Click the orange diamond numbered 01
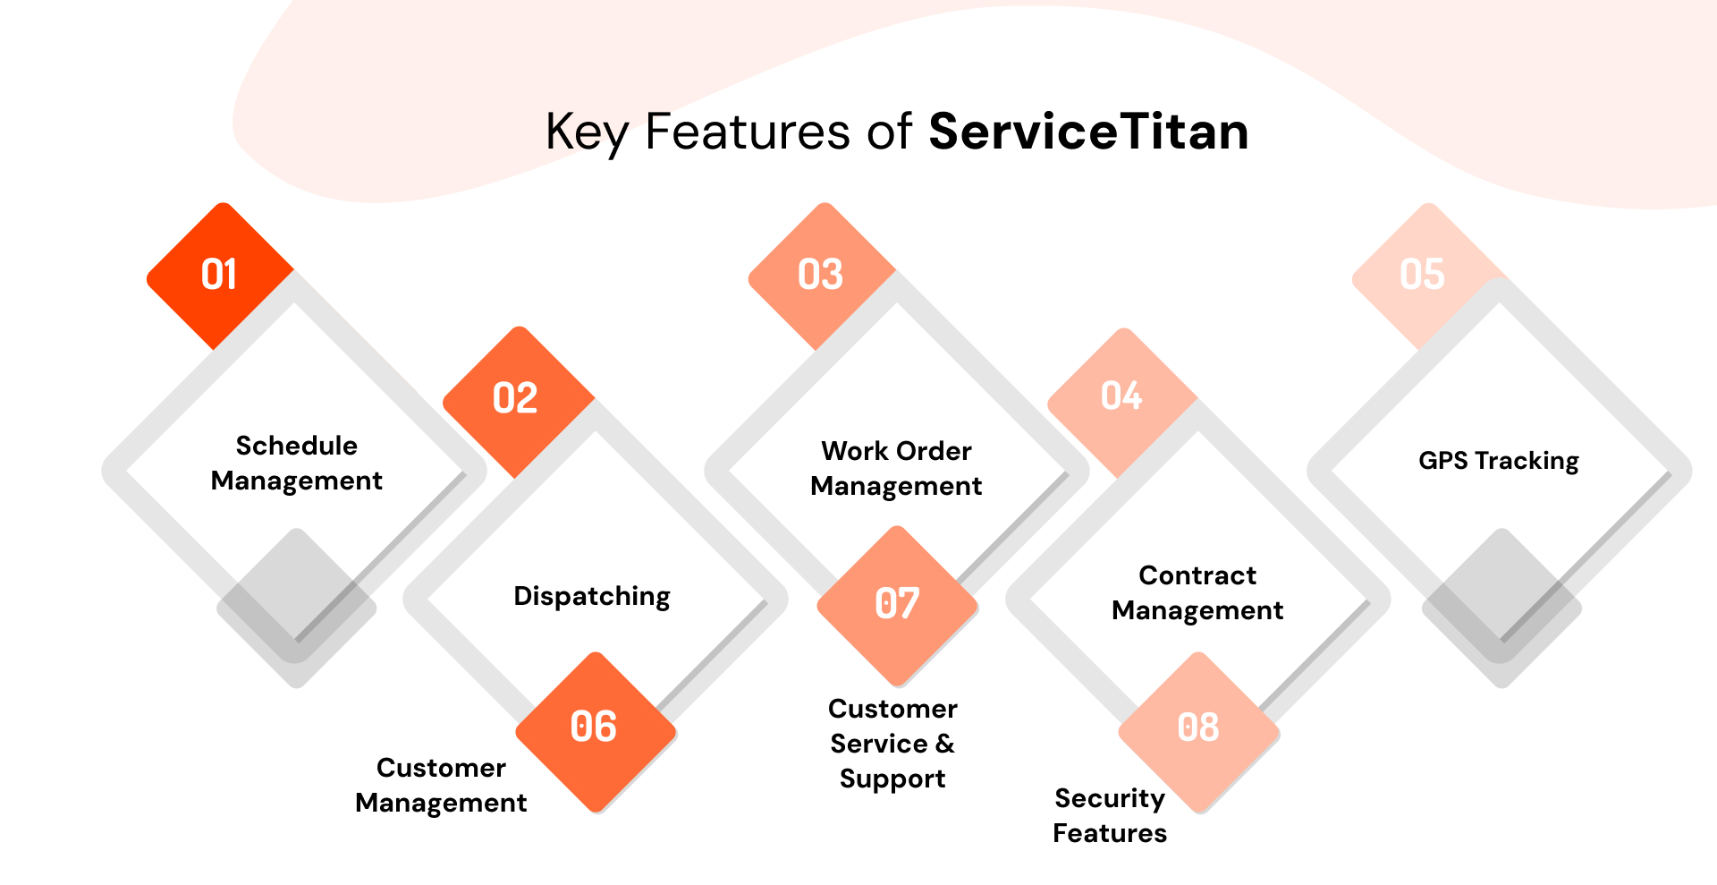220,275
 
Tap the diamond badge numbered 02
517,399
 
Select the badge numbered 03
821,275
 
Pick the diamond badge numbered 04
1121,397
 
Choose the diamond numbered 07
897,605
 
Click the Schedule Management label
297,464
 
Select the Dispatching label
592,597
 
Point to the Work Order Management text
896,468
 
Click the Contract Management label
1197,592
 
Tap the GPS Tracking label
1499,461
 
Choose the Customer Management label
441,786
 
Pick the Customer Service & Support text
892,744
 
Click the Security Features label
1110,815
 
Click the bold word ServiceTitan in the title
1088,132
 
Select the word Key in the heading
587,132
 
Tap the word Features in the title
748,132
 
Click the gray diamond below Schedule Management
296,608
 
